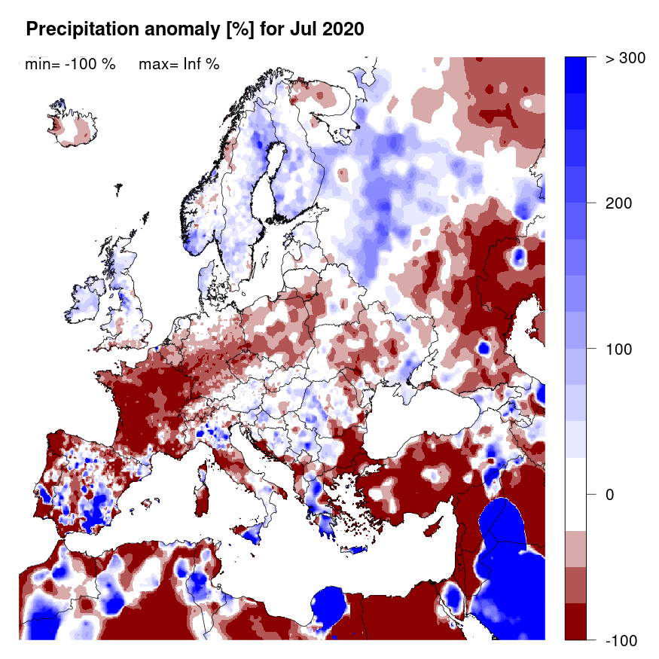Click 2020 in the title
point(343,29)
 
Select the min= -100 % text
point(70,64)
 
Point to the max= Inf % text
point(178,64)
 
